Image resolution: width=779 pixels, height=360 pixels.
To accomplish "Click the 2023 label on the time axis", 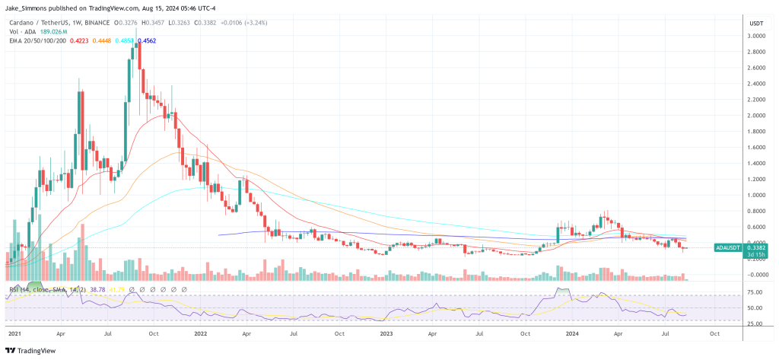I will pyautogui.click(x=387, y=333).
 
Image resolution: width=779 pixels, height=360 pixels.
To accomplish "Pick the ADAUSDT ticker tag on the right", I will pyautogui.click(x=729, y=247).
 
